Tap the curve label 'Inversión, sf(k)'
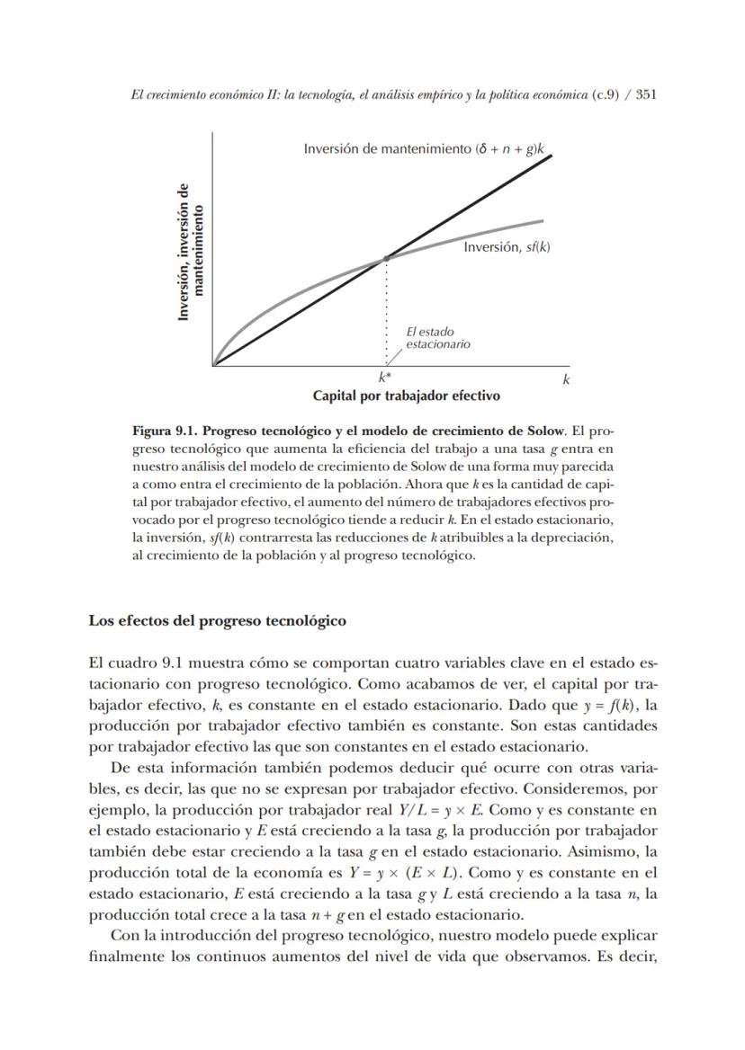[x=506, y=246]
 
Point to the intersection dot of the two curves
[x=387, y=258]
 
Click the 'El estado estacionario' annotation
[x=437, y=338]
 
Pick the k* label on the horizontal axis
[x=384, y=379]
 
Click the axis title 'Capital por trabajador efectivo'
[x=406, y=396]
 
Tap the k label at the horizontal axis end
[x=566, y=379]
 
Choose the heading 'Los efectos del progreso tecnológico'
[x=218, y=620]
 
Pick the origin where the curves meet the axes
[x=213, y=366]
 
